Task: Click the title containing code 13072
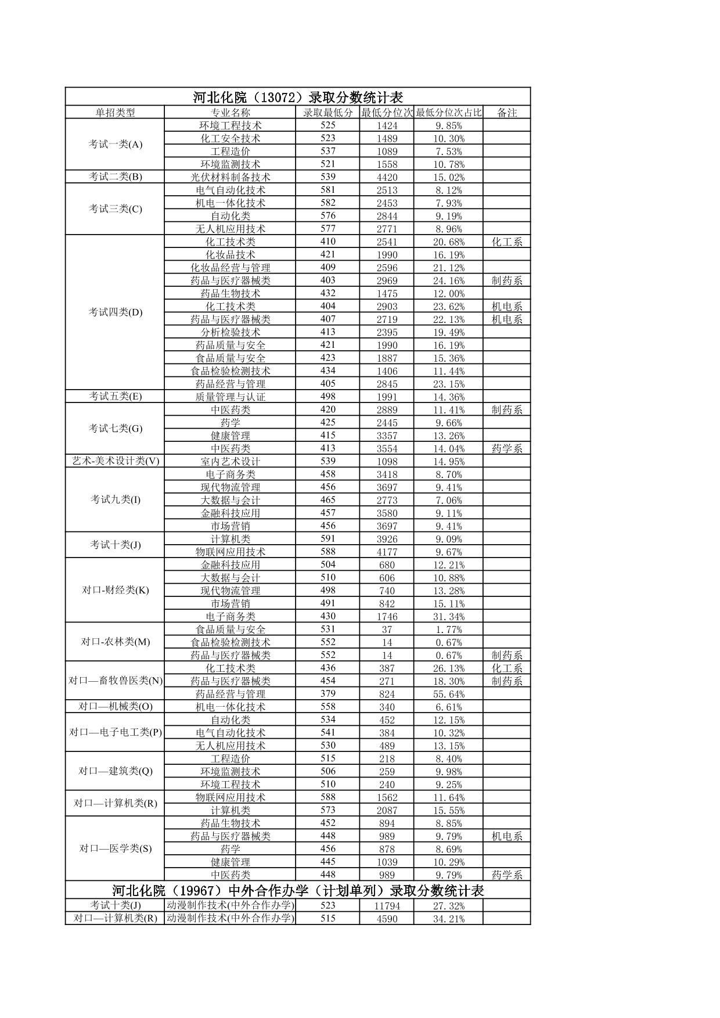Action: (x=298, y=97)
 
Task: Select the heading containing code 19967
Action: (x=298, y=890)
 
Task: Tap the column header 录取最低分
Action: (x=327, y=113)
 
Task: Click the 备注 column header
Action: (x=507, y=113)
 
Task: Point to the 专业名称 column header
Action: (x=230, y=113)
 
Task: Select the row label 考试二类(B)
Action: (x=115, y=177)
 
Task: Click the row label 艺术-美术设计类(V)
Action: (x=115, y=461)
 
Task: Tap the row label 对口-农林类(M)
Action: (x=115, y=642)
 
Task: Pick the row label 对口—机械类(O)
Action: (x=115, y=707)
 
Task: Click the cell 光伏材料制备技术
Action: (x=230, y=177)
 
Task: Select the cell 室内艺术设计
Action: (x=230, y=462)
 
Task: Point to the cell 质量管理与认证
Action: (x=230, y=397)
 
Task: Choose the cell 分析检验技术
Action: (x=230, y=332)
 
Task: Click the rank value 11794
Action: (x=387, y=906)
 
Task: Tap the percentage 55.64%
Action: (x=448, y=695)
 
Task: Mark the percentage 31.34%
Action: (x=448, y=617)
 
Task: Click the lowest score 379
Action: (x=327, y=693)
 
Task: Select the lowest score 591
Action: (x=327, y=538)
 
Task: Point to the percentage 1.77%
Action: (x=448, y=629)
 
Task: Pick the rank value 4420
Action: (x=387, y=177)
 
